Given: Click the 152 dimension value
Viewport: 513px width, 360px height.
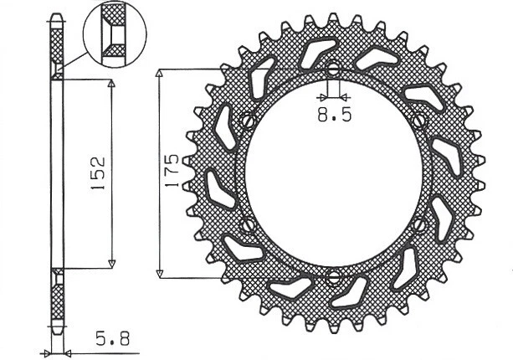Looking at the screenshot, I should [97, 173].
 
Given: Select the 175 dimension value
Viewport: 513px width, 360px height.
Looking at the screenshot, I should [170, 172].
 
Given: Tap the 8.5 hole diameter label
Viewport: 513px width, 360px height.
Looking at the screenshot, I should [335, 116].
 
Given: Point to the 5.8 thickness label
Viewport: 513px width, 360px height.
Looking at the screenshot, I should [111, 340].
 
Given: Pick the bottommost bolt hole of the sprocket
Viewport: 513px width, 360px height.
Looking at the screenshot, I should [334, 278].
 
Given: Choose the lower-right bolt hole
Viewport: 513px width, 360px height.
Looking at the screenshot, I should [420, 224].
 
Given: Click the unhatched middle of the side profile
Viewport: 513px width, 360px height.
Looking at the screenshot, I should [56, 173].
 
